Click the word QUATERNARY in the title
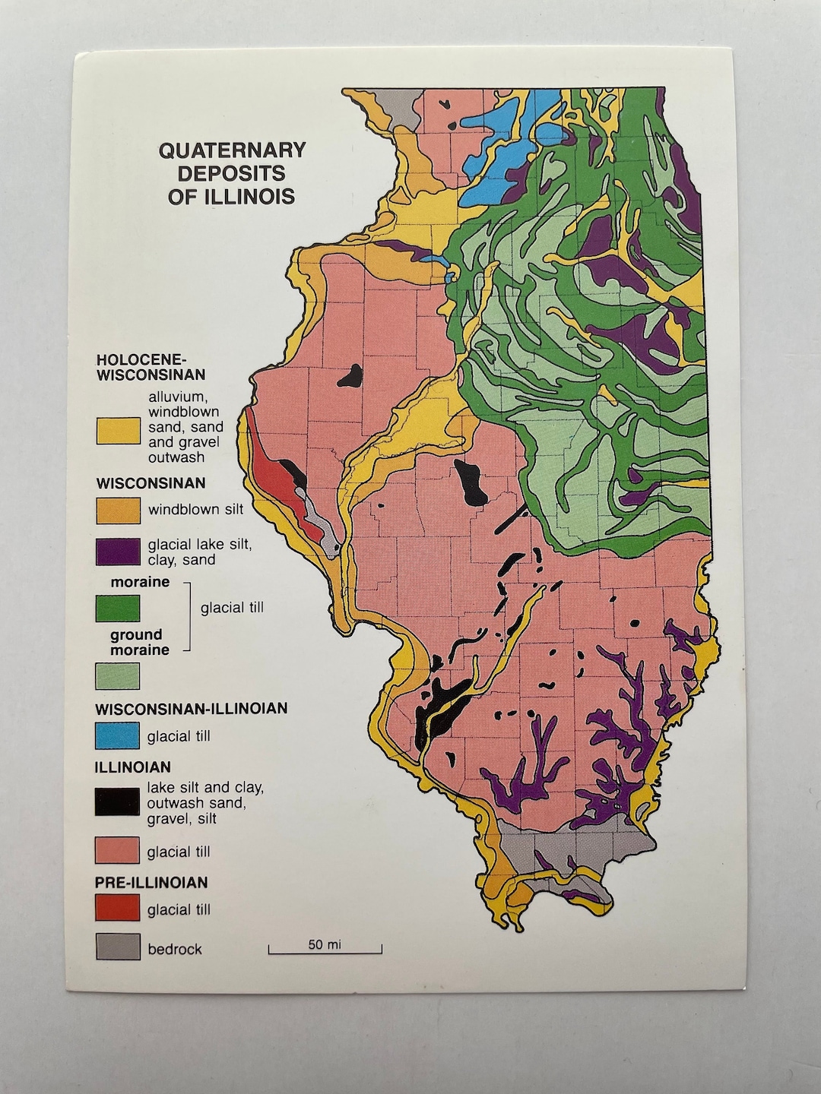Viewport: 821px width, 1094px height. point(232,150)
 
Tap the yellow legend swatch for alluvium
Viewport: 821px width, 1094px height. point(118,431)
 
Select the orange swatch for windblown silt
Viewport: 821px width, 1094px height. point(118,511)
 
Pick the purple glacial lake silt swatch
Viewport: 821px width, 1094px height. point(118,552)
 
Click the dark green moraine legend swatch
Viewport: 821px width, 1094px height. point(118,608)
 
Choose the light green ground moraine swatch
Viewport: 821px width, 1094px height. point(118,675)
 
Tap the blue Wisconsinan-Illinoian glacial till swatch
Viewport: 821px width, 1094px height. point(118,735)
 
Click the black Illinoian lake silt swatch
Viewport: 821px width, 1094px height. point(118,802)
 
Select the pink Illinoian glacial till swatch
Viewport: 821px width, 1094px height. point(118,851)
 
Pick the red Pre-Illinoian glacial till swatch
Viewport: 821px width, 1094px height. point(118,908)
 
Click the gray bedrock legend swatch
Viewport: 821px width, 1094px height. point(118,947)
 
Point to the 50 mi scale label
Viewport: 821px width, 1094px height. point(325,944)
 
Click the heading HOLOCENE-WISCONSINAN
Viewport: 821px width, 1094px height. point(151,367)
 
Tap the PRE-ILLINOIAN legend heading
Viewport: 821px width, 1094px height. point(151,883)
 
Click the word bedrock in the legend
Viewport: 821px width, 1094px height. point(175,949)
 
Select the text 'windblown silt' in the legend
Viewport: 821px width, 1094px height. point(195,510)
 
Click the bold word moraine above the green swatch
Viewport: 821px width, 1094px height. point(140,582)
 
